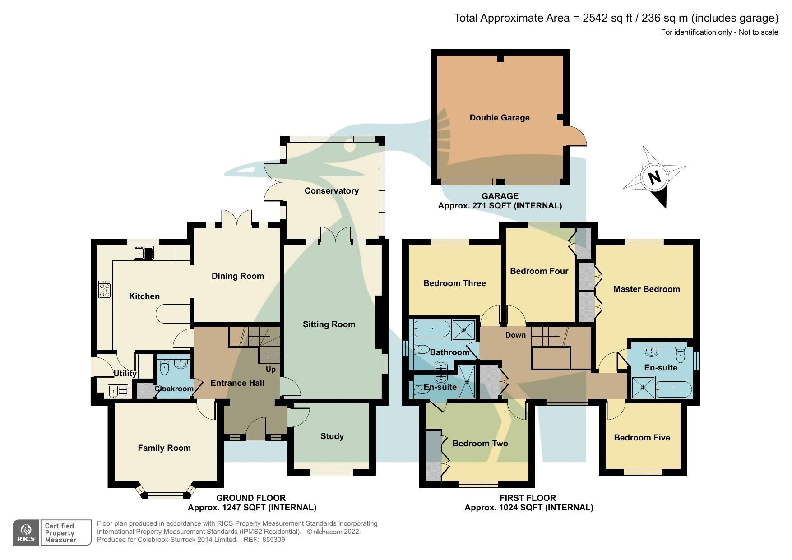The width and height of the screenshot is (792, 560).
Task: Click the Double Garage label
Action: click(x=499, y=118)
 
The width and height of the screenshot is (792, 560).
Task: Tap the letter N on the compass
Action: click(x=654, y=177)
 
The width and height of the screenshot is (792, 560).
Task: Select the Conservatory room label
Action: click(x=331, y=191)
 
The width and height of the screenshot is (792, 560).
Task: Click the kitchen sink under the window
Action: click(x=144, y=253)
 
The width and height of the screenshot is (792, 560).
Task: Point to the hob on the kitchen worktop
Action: click(x=105, y=289)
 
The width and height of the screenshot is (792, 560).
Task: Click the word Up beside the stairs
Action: click(x=270, y=370)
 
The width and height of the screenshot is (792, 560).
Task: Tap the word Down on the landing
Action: click(x=515, y=335)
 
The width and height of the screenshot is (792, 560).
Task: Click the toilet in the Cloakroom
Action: click(x=164, y=367)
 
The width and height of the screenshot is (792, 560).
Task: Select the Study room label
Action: click(x=332, y=436)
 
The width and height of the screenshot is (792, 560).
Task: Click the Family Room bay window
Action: click(x=166, y=495)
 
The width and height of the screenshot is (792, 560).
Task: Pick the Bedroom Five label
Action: click(x=642, y=438)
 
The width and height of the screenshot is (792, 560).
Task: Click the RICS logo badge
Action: click(x=27, y=532)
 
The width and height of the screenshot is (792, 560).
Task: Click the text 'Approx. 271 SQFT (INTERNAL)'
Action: click(x=500, y=206)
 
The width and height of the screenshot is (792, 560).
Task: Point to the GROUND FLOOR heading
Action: click(x=251, y=498)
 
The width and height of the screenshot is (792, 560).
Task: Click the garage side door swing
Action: click(x=575, y=136)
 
